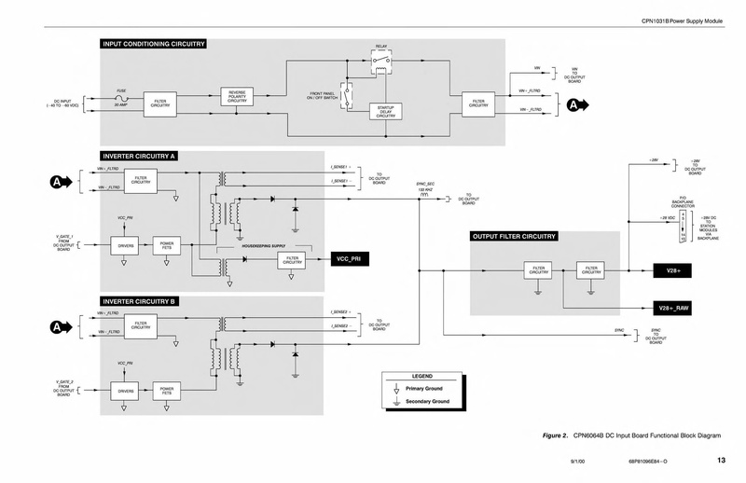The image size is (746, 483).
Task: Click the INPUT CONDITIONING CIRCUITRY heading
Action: [x=153, y=44]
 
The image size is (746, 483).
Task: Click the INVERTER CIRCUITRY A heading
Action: [x=141, y=155]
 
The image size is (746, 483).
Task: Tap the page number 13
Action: [x=721, y=461]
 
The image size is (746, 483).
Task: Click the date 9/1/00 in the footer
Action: [x=578, y=462]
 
